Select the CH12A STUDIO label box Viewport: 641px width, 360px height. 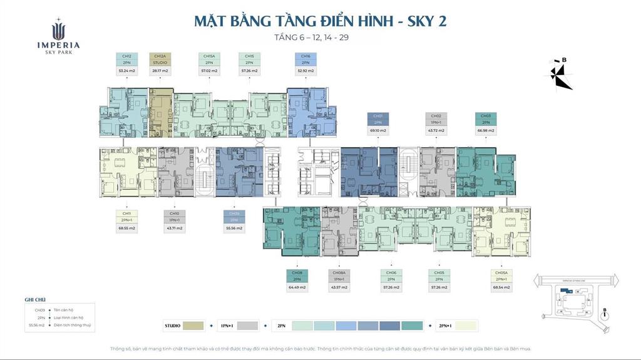click(158, 59)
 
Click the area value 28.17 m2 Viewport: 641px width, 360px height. click(158, 71)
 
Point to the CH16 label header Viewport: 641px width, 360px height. click(305, 56)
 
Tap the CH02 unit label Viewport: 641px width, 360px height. click(436, 116)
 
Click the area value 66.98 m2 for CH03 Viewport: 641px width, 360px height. click(486, 131)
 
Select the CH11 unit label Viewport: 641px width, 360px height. click(126, 214)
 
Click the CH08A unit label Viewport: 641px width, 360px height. click(338, 273)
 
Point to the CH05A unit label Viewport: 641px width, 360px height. click(501, 273)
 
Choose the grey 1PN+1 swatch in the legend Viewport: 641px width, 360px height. click(248, 326)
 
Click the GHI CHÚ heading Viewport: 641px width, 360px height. click(36, 300)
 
